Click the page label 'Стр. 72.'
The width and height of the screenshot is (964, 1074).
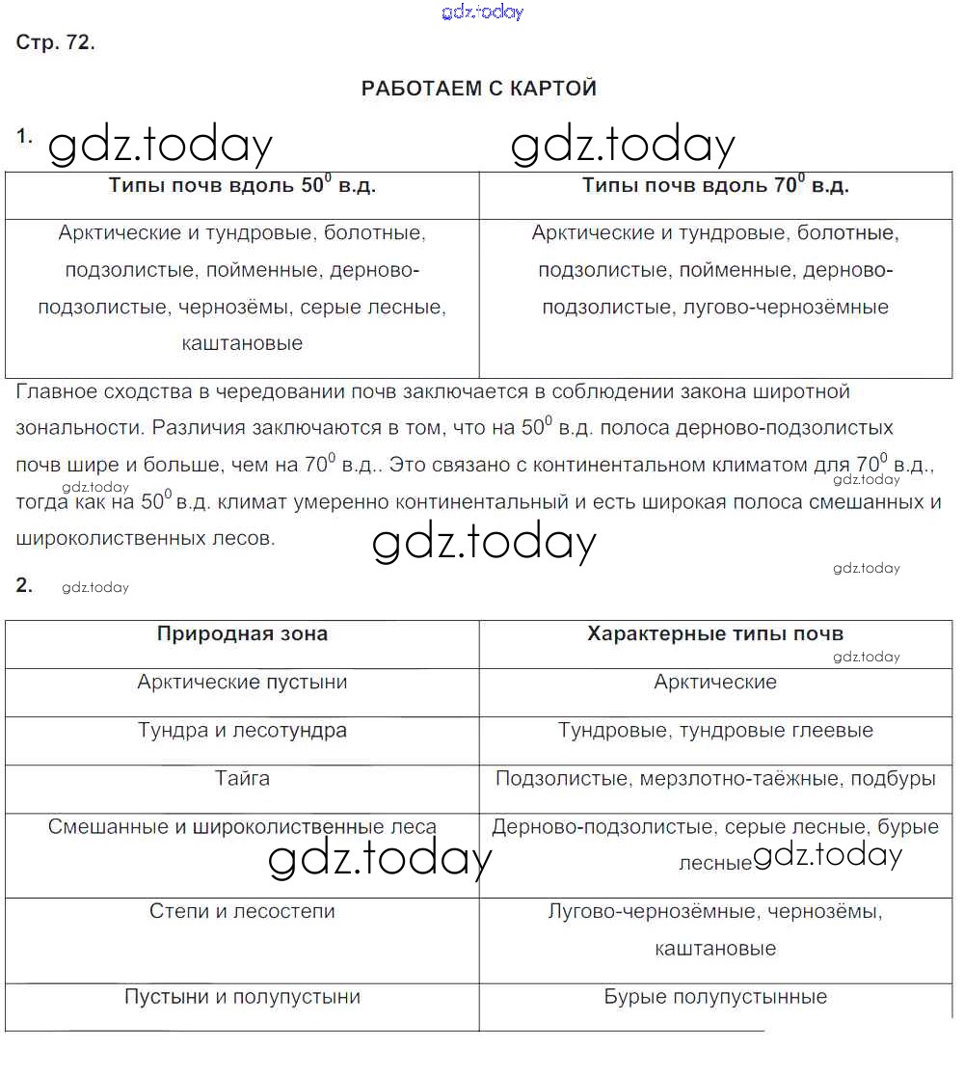[x=56, y=43]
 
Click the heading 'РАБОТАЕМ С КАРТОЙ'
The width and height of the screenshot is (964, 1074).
[x=479, y=89]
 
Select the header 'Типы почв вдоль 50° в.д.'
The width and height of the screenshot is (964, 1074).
[x=242, y=186]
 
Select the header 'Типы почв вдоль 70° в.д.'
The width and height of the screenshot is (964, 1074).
[x=715, y=186]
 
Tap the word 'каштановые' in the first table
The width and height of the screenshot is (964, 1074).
[x=242, y=343]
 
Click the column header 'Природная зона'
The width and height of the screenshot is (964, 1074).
[x=242, y=633]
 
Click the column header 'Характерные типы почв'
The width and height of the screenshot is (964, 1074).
[x=715, y=633]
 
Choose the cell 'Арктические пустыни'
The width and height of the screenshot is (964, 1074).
[x=242, y=683]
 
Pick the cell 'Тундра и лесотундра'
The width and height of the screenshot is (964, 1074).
[x=242, y=731]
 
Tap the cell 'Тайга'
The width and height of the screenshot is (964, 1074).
[x=242, y=778]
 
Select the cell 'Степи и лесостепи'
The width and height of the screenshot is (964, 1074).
[x=242, y=911]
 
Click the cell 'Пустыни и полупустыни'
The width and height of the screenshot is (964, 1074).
[x=242, y=997]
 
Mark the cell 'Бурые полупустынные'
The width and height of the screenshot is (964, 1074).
[x=715, y=997]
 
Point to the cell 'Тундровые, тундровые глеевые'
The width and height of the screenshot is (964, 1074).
[x=715, y=731]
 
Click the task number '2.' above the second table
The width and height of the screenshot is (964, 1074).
[x=25, y=584]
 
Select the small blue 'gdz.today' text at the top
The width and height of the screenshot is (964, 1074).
[x=482, y=12]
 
